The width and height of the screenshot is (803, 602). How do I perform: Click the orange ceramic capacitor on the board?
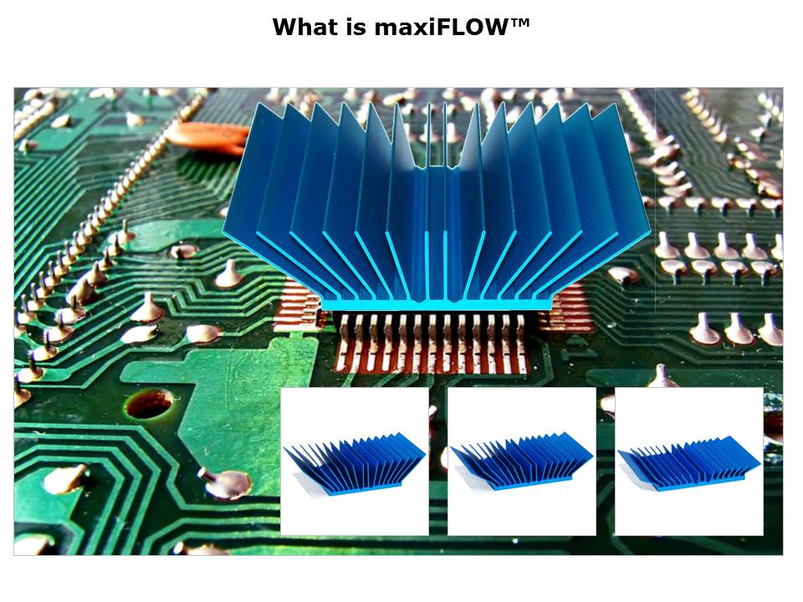pyautogui.click(x=209, y=136)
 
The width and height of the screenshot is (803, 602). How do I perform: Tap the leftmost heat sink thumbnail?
pyautogui.click(x=355, y=462)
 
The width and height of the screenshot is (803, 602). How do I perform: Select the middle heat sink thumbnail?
pyautogui.click(x=522, y=462)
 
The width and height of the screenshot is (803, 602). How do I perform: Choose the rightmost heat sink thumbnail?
pyautogui.click(x=688, y=462)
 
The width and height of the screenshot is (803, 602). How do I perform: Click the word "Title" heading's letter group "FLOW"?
pyautogui.click(x=470, y=27)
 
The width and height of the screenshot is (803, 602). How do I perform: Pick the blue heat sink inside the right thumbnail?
pyautogui.click(x=688, y=462)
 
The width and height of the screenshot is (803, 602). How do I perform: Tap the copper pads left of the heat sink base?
pyautogui.click(x=299, y=306)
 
